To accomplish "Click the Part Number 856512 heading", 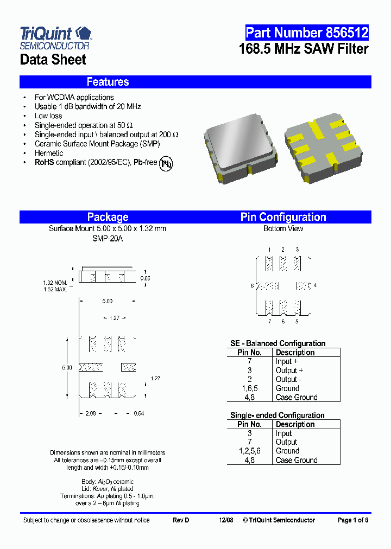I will coord(307,33).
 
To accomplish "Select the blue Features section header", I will coord(108,82).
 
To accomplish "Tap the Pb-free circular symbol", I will coord(166,164).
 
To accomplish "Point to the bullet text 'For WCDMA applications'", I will coord(74,98).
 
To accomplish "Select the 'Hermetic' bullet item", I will coord(49,153).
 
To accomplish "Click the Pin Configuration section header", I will coord(283,217).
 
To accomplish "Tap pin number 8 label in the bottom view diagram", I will coord(253,285).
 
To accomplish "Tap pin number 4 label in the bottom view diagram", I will coord(315,285).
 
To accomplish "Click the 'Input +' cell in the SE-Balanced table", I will coord(287,361).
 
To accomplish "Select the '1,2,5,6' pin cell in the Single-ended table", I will coord(250,451).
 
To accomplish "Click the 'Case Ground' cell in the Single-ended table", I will coord(297,460).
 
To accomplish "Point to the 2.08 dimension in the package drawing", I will coord(91,413).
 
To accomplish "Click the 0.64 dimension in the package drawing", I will coord(139,413).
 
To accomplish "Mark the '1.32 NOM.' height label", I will coord(55,283).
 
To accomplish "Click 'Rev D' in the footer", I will coord(181,520).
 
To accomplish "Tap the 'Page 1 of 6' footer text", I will coord(353,520).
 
